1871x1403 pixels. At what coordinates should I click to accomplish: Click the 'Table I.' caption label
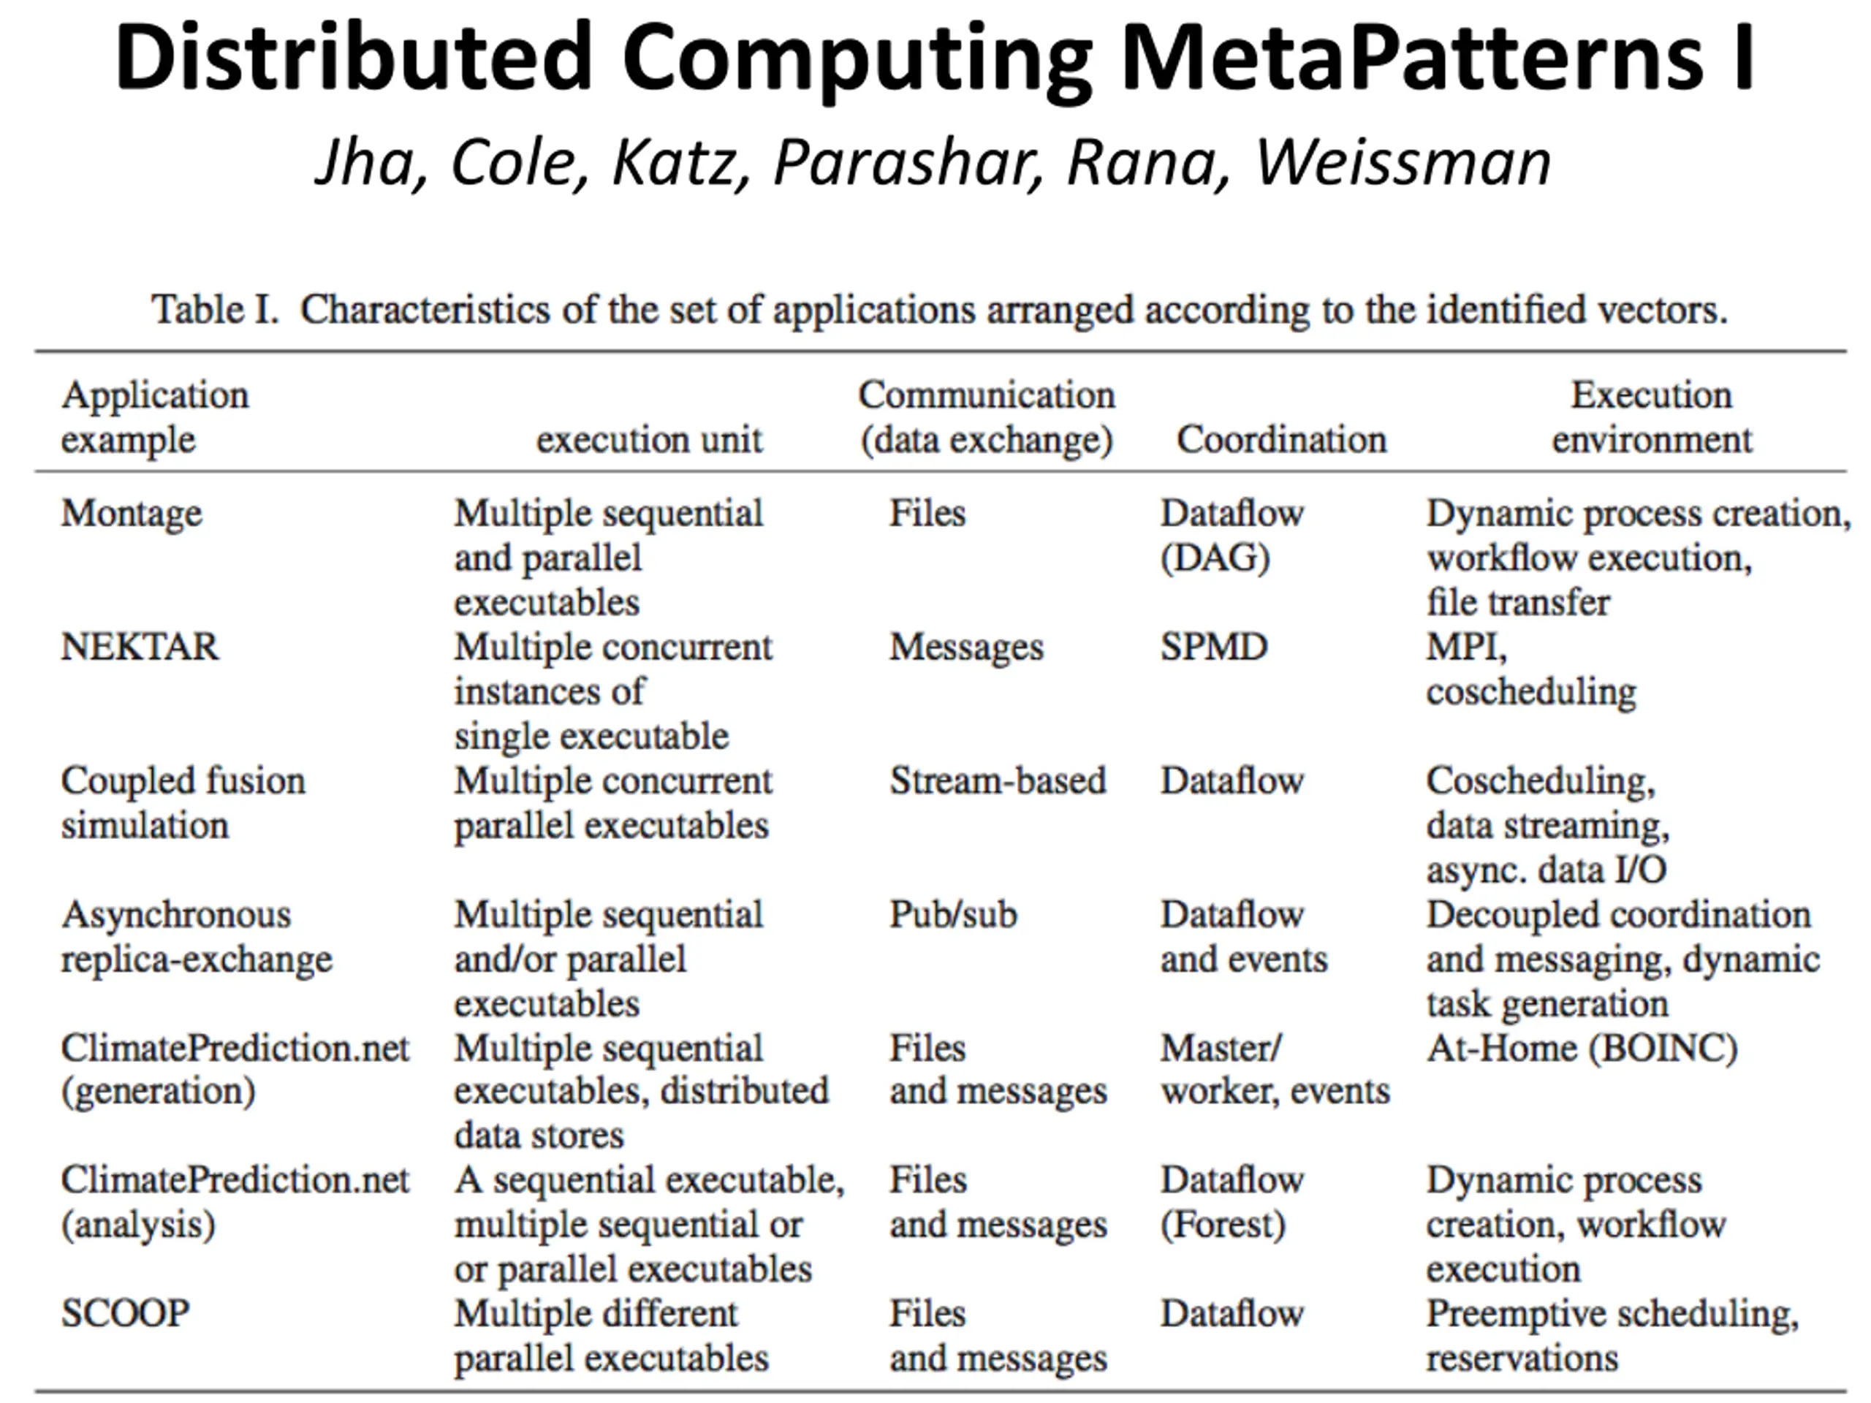click(215, 310)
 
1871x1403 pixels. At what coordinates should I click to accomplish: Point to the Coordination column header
click(1281, 440)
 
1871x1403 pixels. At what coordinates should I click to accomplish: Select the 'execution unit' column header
click(649, 440)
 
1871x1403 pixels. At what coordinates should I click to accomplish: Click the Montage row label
click(132, 513)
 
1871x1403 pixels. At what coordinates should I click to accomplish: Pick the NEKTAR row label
click(140, 647)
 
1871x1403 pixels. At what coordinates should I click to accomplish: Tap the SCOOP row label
click(125, 1313)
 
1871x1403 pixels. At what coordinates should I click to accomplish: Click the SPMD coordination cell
click(1214, 647)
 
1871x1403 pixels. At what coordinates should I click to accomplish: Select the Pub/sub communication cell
click(952, 915)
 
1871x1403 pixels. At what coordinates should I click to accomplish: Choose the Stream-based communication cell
click(997, 780)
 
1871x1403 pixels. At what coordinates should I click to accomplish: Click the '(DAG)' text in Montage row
click(1215, 558)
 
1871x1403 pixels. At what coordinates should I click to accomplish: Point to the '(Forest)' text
click(1222, 1225)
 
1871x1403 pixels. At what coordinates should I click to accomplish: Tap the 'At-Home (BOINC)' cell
click(1582, 1049)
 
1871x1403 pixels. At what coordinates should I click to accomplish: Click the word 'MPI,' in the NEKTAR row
click(1466, 647)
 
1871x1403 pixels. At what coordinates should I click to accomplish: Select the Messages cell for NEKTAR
click(966, 647)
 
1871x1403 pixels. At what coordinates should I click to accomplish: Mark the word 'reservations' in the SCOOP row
click(1522, 1358)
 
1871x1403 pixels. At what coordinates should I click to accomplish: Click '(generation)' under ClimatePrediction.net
click(158, 1091)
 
